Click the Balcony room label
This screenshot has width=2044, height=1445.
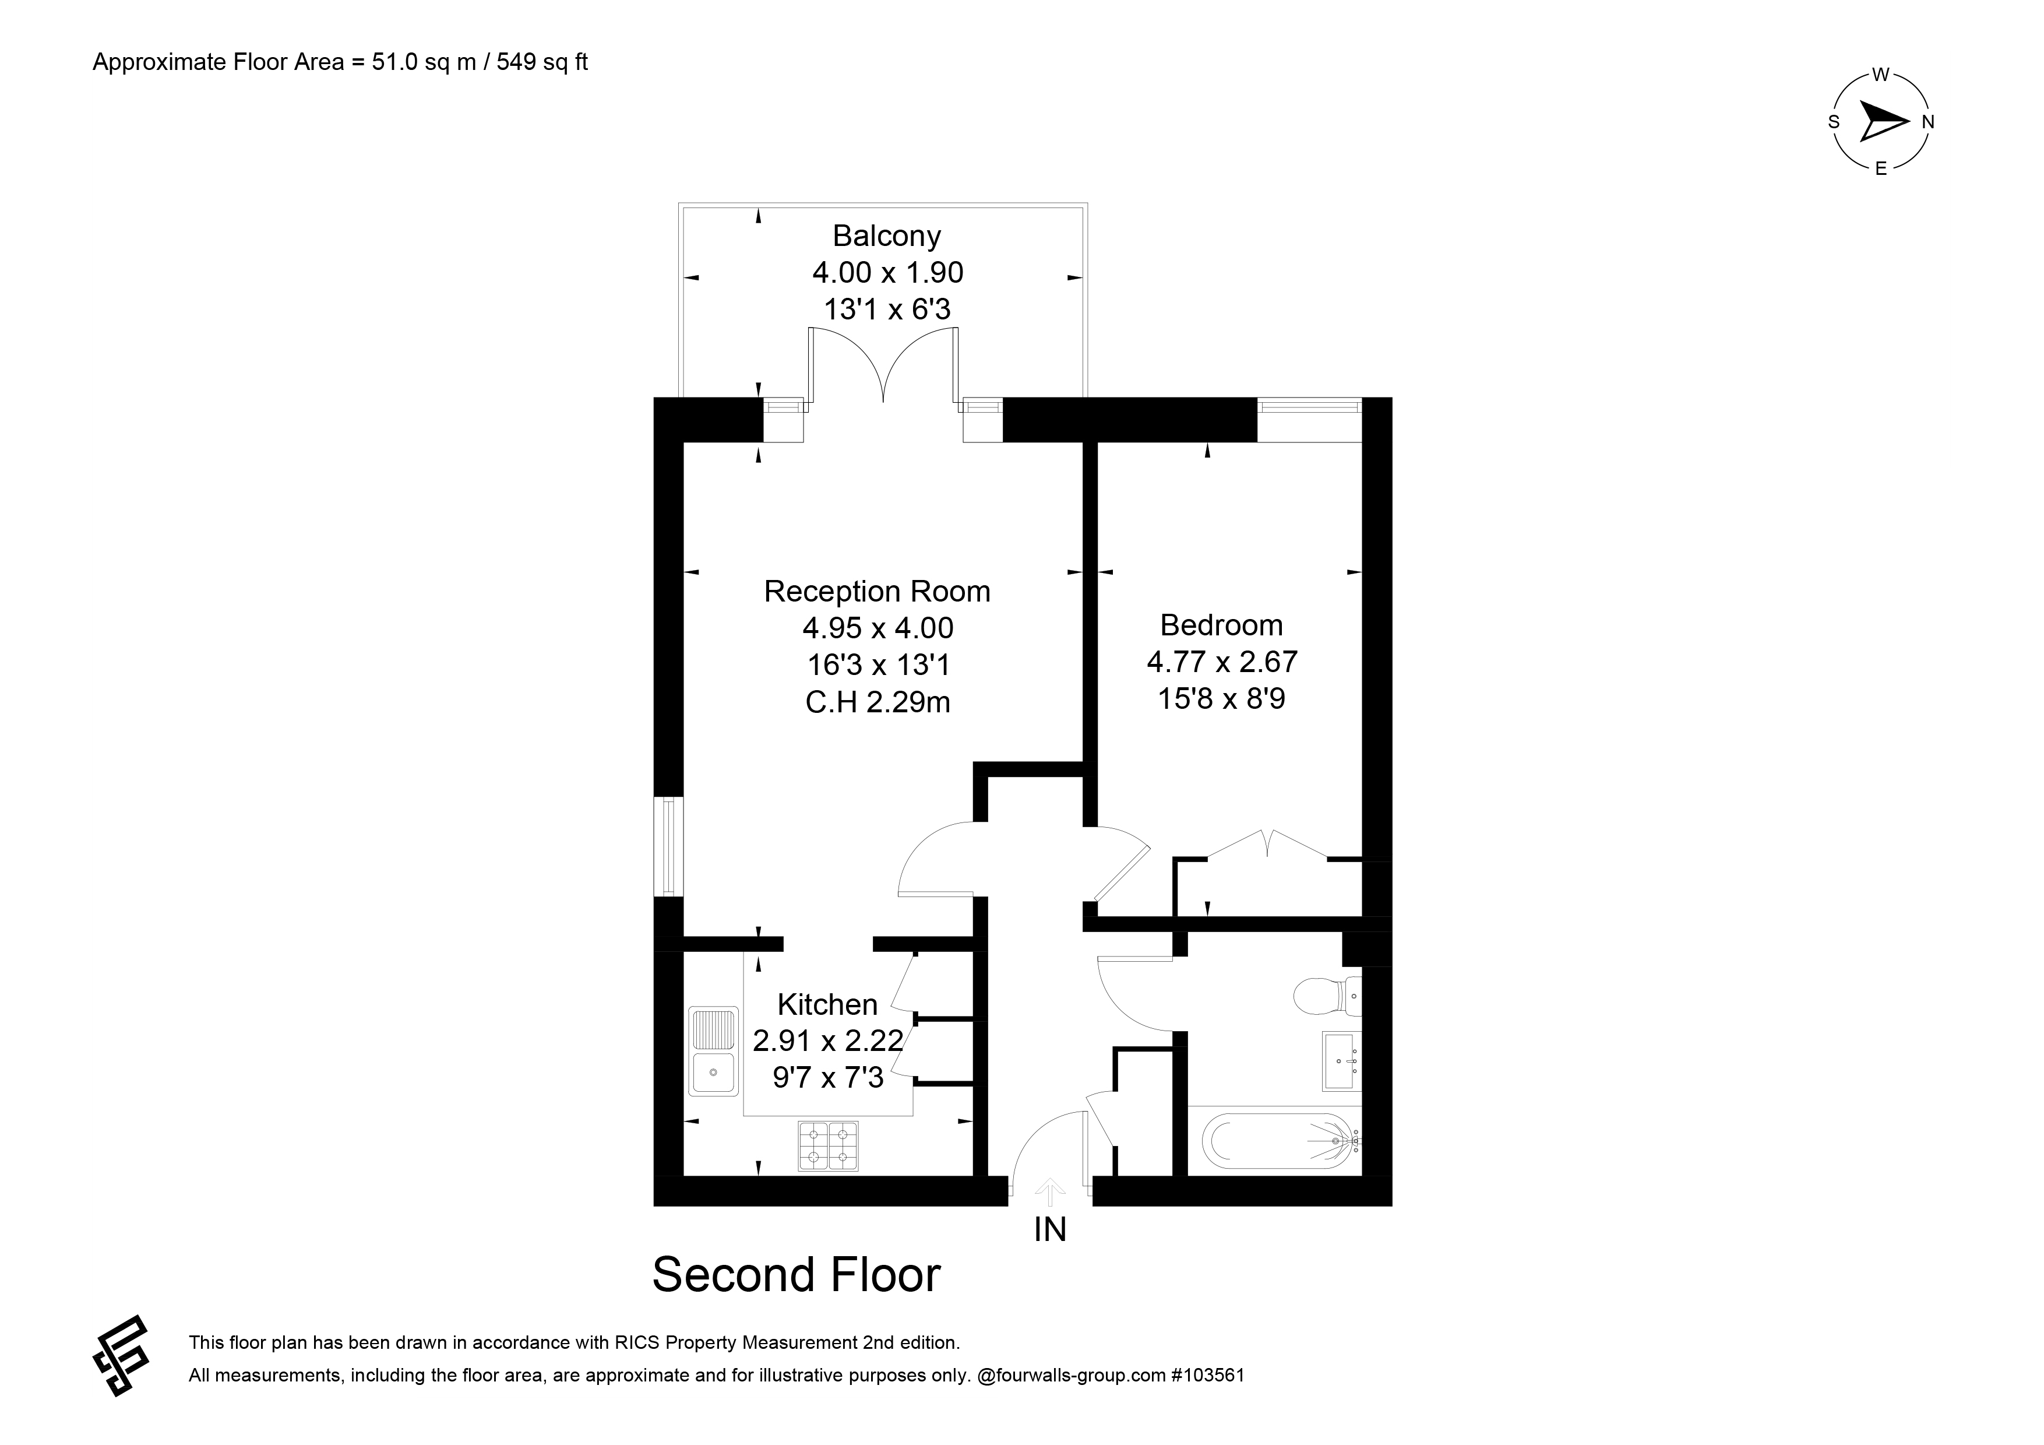click(887, 236)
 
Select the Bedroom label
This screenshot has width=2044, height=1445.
click(1221, 625)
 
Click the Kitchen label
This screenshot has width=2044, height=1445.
click(827, 1004)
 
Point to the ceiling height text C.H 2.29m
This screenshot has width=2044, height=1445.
click(877, 702)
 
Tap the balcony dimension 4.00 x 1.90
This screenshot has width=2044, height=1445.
click(887, 272)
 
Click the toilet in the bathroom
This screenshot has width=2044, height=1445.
click(1327, 996)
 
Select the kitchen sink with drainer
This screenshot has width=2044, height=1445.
click(713, 1050)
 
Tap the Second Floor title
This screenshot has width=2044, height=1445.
click(796, 1274)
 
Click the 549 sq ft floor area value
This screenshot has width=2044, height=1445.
click(542, 62)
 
